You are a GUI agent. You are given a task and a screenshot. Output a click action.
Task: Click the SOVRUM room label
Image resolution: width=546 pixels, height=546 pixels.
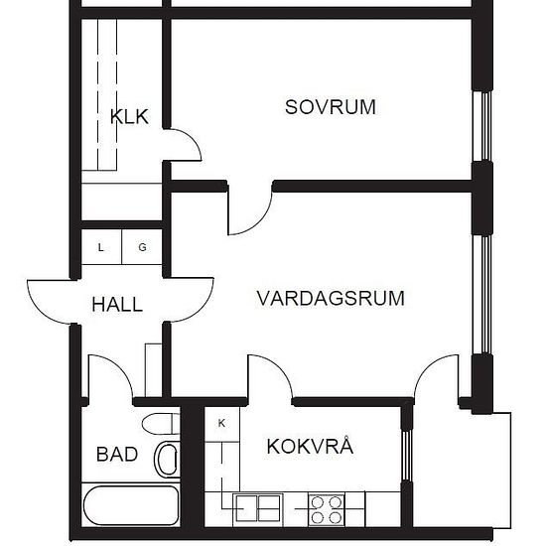tap(330, 107)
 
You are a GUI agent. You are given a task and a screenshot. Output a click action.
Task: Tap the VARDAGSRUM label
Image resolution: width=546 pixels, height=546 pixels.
tap(330, 298)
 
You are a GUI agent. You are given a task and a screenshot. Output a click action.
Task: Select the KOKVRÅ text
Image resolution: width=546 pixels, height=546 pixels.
tap(309, 446)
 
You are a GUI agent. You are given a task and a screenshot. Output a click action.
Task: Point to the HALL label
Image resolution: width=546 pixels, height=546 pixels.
tap(117, 305)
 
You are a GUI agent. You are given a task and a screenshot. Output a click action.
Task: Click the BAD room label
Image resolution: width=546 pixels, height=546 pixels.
tap(116, 455)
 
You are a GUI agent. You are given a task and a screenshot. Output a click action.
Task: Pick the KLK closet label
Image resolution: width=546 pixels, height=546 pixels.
tap(129, 117)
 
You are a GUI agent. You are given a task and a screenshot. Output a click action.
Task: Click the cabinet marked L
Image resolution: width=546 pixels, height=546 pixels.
tap(101, 248)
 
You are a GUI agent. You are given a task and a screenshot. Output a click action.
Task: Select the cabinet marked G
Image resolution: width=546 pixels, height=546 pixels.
tap(142, 248)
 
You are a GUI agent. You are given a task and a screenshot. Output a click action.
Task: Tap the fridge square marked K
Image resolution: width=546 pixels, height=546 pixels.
tap(221, 424)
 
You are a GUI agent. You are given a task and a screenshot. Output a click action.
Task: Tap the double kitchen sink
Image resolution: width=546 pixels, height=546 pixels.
tap(256, 508)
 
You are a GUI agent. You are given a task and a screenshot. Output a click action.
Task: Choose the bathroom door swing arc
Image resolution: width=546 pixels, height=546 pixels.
tap(109, 377)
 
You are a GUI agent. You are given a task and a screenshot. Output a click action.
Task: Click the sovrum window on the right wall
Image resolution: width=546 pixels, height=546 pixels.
tap(483, 129)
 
